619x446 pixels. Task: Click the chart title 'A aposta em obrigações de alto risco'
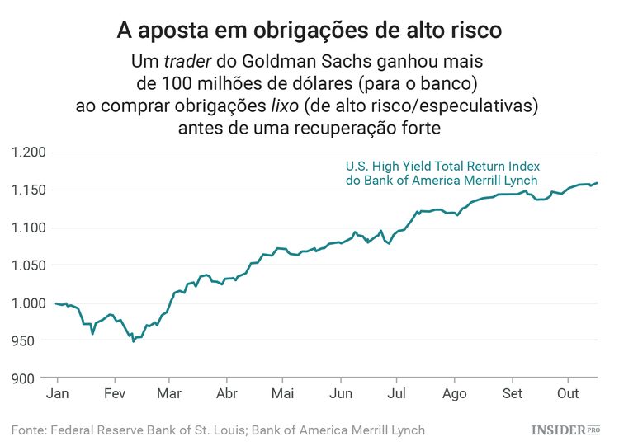tap(309, 31)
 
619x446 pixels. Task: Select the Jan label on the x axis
tap(56, 393)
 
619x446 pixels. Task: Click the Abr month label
tap(226, 393)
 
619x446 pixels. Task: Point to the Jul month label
tap(397, 393)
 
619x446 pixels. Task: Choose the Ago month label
tap(454, 393)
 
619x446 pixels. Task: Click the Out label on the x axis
tap(568, 393)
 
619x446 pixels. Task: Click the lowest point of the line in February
tap(133, 340)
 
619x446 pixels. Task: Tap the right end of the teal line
tap(597, 183)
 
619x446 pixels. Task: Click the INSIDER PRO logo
tap(565, 430)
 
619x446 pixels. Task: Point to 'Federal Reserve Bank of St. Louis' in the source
tap(145, 430)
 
